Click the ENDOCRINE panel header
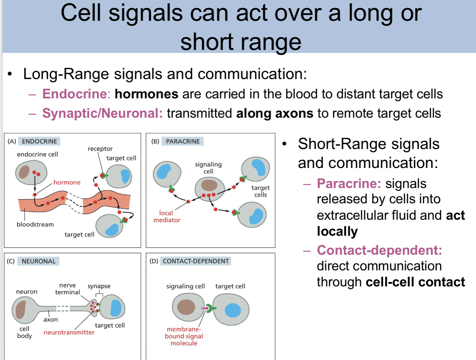click(x=39, y=141)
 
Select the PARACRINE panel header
click(x=182, y=141)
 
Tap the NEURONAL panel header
click(x=39, y=261)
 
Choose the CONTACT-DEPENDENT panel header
click(x=196, y=261)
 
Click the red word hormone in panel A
click(x=67, y=182)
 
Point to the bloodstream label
click(x=35, y=224)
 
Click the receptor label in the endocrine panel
click(x=100, y=149)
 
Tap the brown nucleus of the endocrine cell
click(x=24, y=171)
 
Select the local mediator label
click(x=166, y=216)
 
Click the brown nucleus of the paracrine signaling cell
click(x=209, y=185)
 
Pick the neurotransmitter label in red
click(x=69, y=332)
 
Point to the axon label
click(x=51, y=320)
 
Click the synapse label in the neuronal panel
click(x=99, y=286)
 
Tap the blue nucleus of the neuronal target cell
click(x=116, y=308)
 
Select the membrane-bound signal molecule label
click(x=184, y=336)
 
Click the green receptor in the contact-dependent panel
click(x=211, y=308)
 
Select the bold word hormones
click(x=146, y=94)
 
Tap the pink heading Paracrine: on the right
click(x=349, y=184)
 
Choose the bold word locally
click(x=337, y=231)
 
